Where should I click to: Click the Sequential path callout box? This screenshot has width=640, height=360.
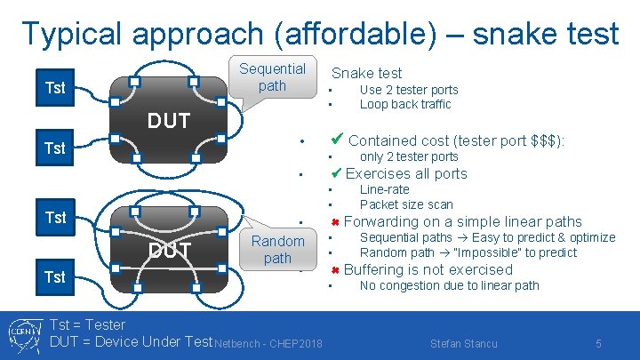(x=272, y=77)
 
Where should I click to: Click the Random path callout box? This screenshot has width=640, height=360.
(x=277, y=249)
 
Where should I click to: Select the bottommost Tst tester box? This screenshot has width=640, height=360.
(x=55, y=277)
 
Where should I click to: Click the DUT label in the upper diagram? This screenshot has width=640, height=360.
(x=168, y=121)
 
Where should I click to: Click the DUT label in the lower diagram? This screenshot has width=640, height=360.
(x=169, y=251)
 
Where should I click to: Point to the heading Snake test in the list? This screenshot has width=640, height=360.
(x=366, y=73)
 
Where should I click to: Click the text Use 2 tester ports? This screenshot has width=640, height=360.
(x=408, y=90)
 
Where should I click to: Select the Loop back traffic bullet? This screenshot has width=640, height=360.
(x=404, y=104)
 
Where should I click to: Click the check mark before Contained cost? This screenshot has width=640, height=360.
(x=337, y=140)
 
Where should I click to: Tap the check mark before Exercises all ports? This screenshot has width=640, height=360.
(x=336, y=173)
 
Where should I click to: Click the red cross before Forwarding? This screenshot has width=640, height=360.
(x=336, y=222)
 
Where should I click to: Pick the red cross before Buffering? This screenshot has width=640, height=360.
(x=336, y=270)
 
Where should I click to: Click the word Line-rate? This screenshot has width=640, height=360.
(x=384, y=189)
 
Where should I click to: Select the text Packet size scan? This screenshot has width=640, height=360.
(x=405, y=204)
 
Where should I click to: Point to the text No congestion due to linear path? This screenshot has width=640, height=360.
(x=449, y=285)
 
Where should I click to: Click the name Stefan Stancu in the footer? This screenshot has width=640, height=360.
(x=463, y=343)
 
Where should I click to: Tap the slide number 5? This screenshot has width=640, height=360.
(x=598, y=343)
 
